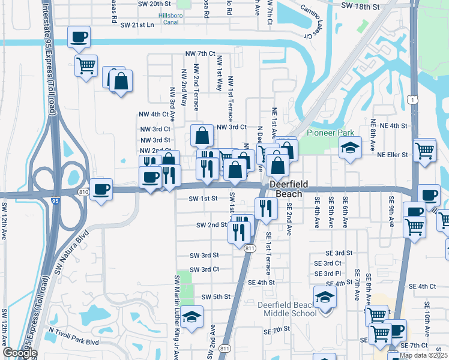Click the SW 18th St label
point(360,6)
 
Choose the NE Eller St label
point(393,155)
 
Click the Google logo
point(19,353)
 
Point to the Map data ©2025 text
point(424,355)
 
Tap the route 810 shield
point(83,191)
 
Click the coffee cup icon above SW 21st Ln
point(79,37)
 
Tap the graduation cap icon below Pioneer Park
point(348,148)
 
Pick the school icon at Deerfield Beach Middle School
point(325,297)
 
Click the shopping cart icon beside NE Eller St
point(424,149)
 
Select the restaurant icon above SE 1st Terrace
point(265,208)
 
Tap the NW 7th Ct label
point(201,54)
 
